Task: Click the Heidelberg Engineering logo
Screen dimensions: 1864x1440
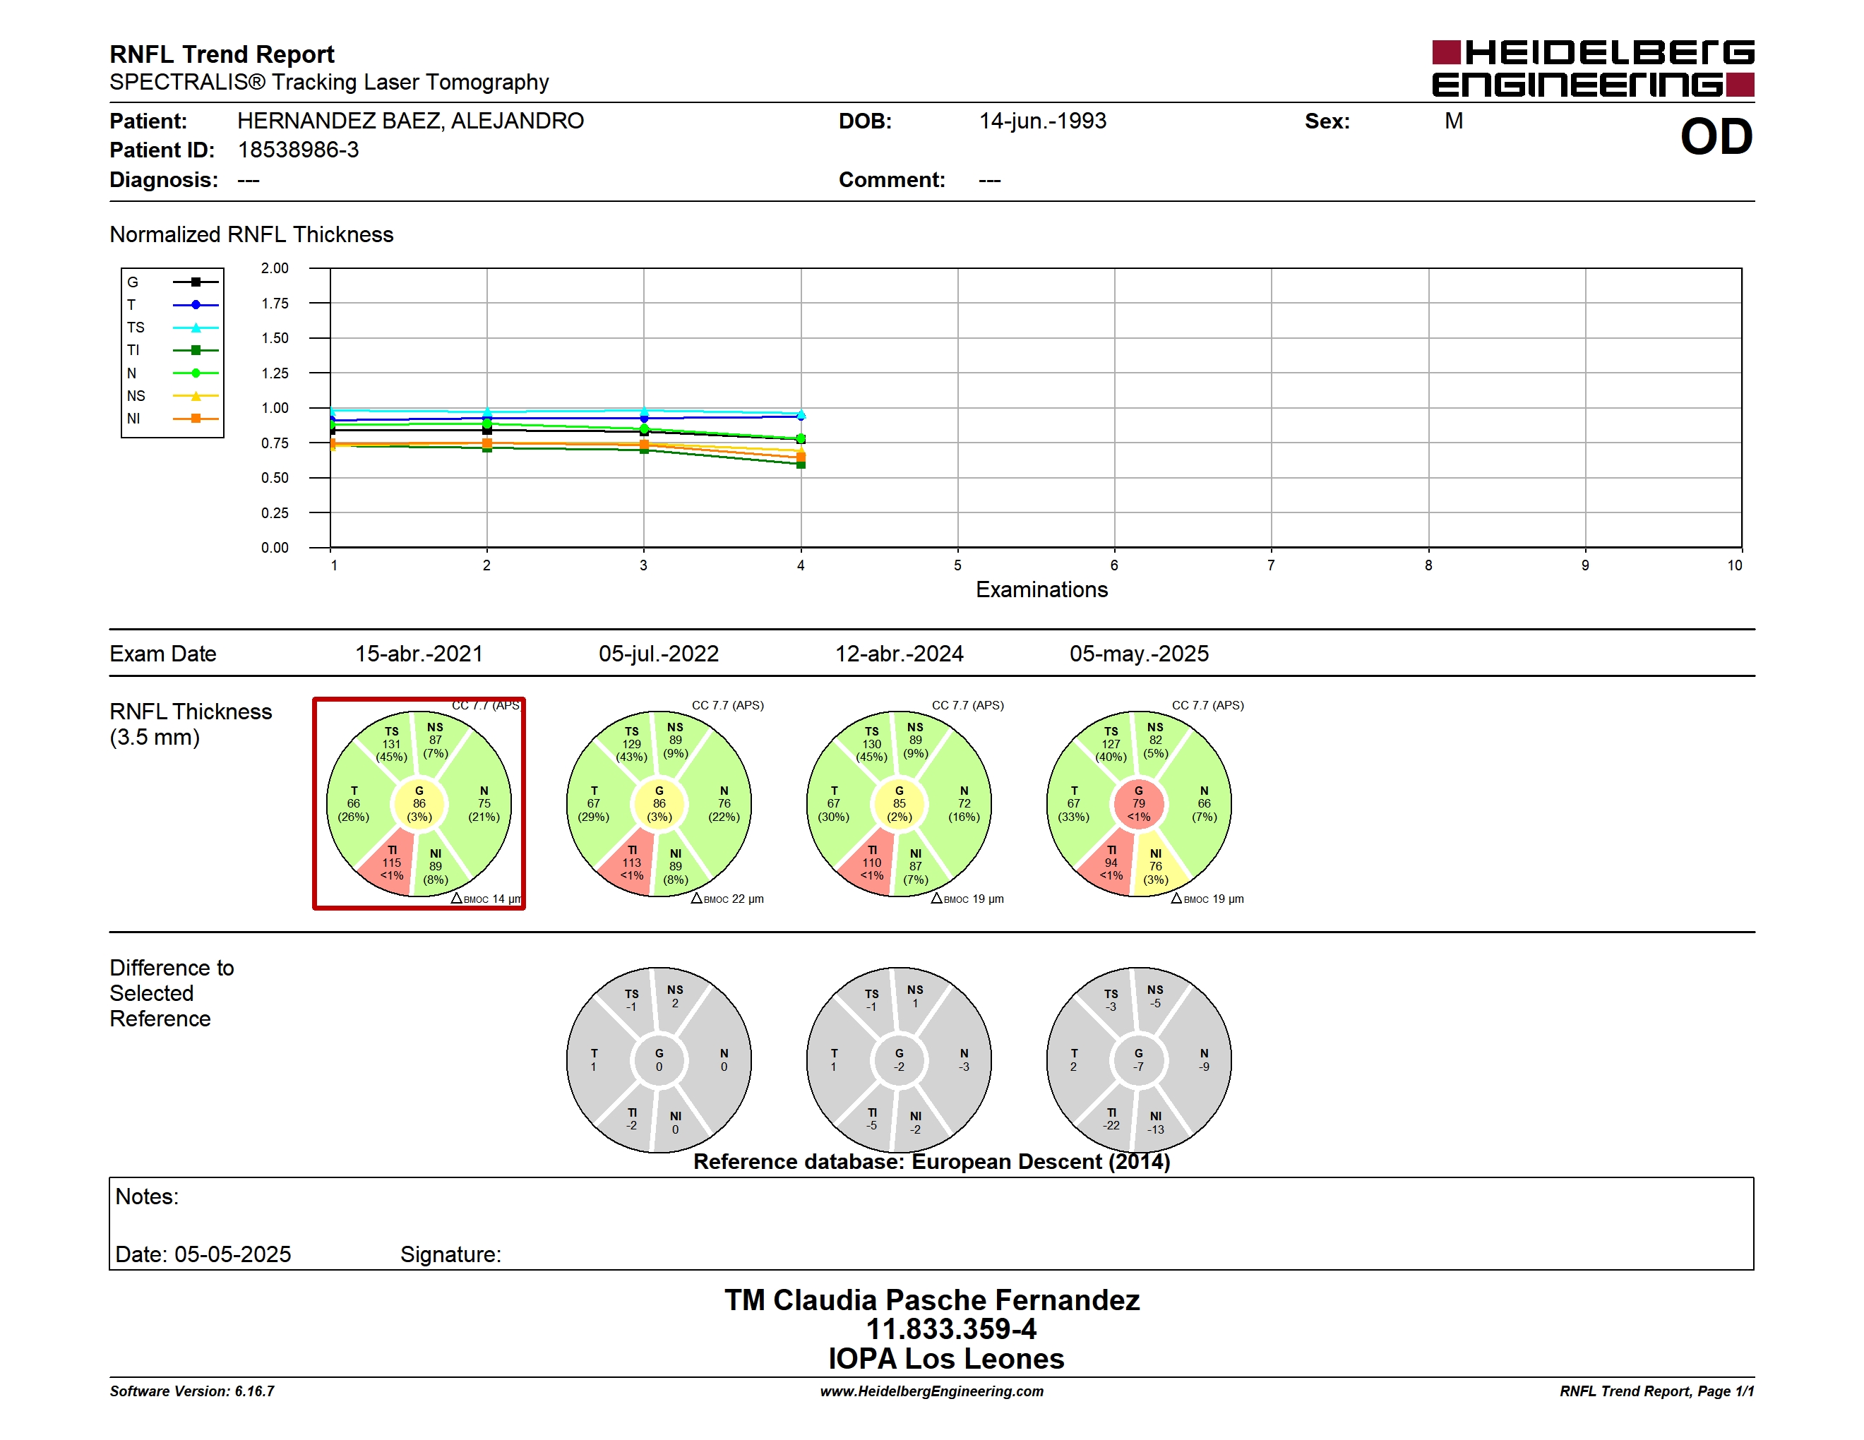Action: pos(1593,68)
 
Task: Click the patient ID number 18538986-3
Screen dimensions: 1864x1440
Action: pos(298,150)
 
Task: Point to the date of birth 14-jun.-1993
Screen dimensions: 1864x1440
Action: pos(1042,121)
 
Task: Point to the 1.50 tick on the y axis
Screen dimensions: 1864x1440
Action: pos(275,338)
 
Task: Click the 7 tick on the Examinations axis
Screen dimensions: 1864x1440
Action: pos(1271,565)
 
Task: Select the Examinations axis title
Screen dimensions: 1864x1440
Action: pos(1041,589)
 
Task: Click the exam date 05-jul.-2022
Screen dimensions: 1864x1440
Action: pos(658,654)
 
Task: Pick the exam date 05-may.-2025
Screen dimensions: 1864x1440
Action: pos(1139,654)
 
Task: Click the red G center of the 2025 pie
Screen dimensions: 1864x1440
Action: pos(1139,803)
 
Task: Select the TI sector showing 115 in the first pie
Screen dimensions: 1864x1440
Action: pos(388,863)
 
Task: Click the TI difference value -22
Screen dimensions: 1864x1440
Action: pos(1111,1125)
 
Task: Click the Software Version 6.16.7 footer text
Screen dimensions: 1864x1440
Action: pos(192,1391)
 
